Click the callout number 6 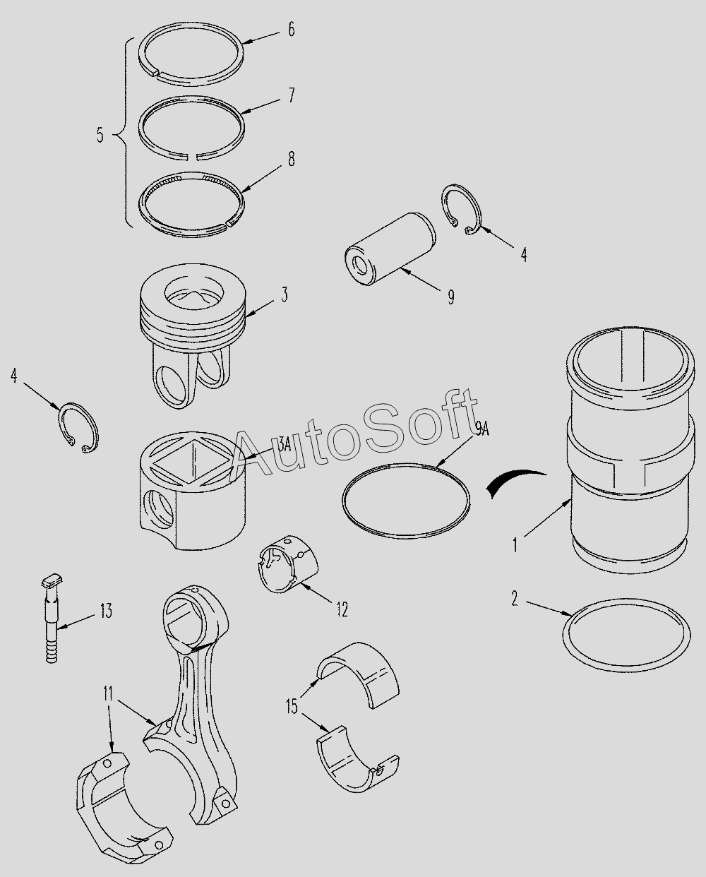coord(291,30)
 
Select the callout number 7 coord(291,95)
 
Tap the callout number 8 coord(291,159)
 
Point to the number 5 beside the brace coord(100,135)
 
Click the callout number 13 coord(106,611)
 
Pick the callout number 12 coord(342,609)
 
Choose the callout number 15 coord(292,707)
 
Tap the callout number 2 coord(515,599)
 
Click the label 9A coord(481,429)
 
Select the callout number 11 coord(108,694)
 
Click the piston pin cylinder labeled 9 coord(390,249)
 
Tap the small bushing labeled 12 coord(289,564)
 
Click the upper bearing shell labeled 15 coord(358,675)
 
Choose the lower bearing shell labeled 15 coord(358,757)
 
